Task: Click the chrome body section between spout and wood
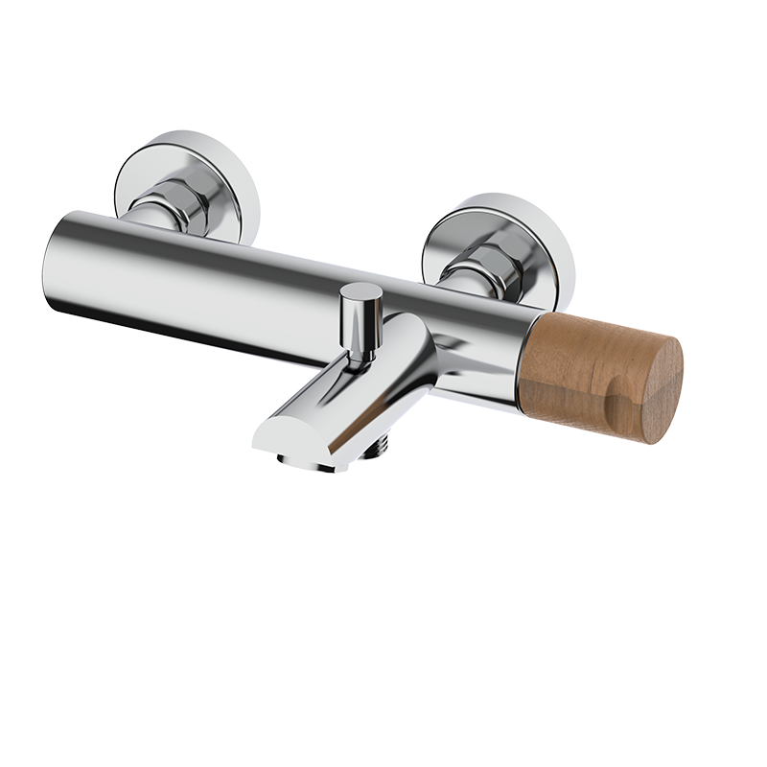click(x=479, y=345)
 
